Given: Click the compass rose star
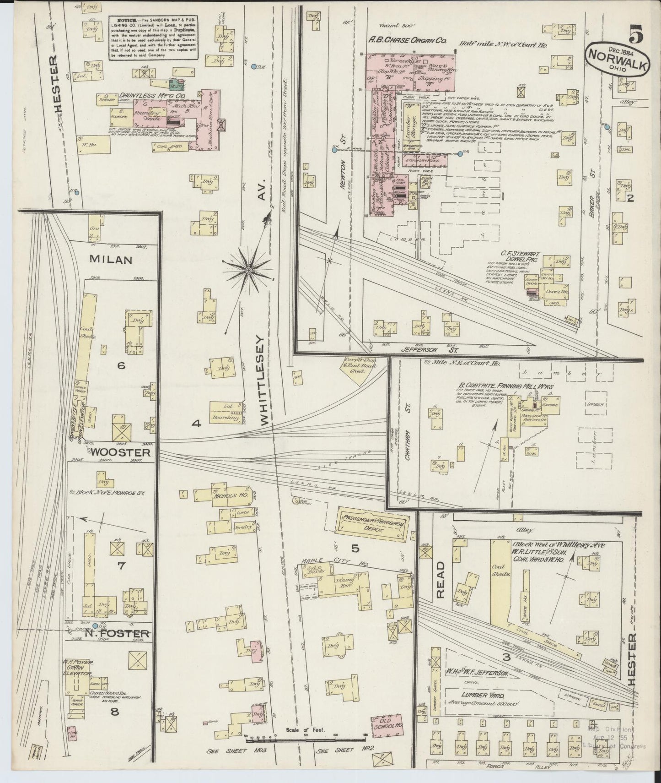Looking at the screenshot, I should pos(248,271).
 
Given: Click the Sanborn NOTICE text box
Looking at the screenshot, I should pos(153,38).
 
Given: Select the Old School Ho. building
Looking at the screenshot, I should pos(387,738).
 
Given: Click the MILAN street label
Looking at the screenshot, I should pos(111,260).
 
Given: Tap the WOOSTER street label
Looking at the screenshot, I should pos(120,452).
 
